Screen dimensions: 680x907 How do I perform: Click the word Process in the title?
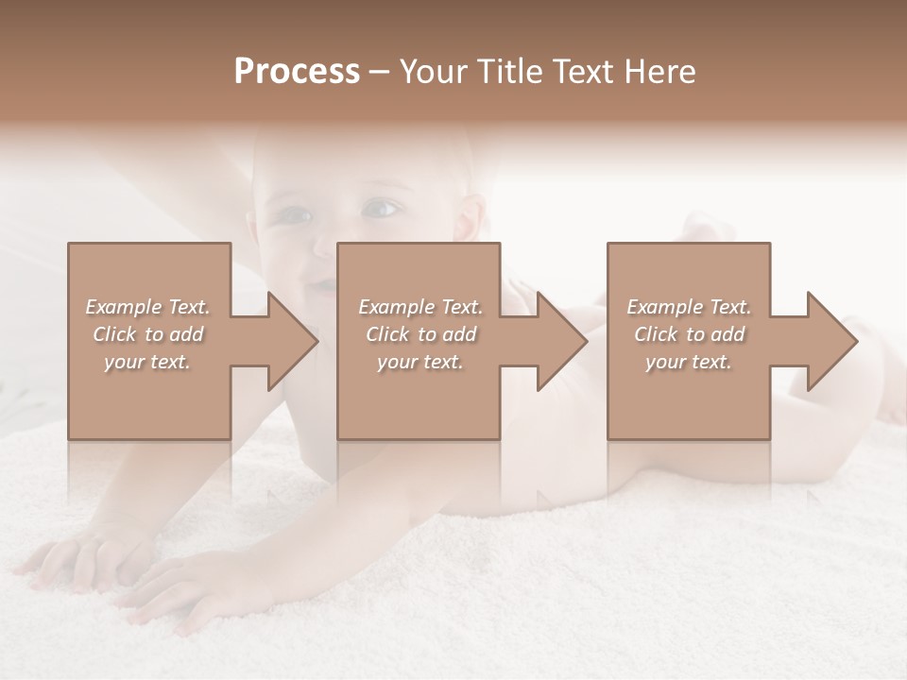click(x=297, y=72)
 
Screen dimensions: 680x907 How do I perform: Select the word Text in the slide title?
click(x=581, y=72)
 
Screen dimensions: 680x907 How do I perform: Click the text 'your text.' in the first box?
click(x=147, y=362)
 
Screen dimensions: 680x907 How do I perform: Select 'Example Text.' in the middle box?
click(x=419, y=307)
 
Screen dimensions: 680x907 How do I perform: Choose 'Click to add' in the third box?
click(x=689, y=334)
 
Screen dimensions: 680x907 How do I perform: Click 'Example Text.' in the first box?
click(x=147, y=307)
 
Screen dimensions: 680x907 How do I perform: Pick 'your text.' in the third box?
click(x=689, y=362)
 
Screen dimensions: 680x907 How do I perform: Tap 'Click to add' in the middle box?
click(x=419, y=334)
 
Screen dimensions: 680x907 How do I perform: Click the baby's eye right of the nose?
click(x=380, y=207)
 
